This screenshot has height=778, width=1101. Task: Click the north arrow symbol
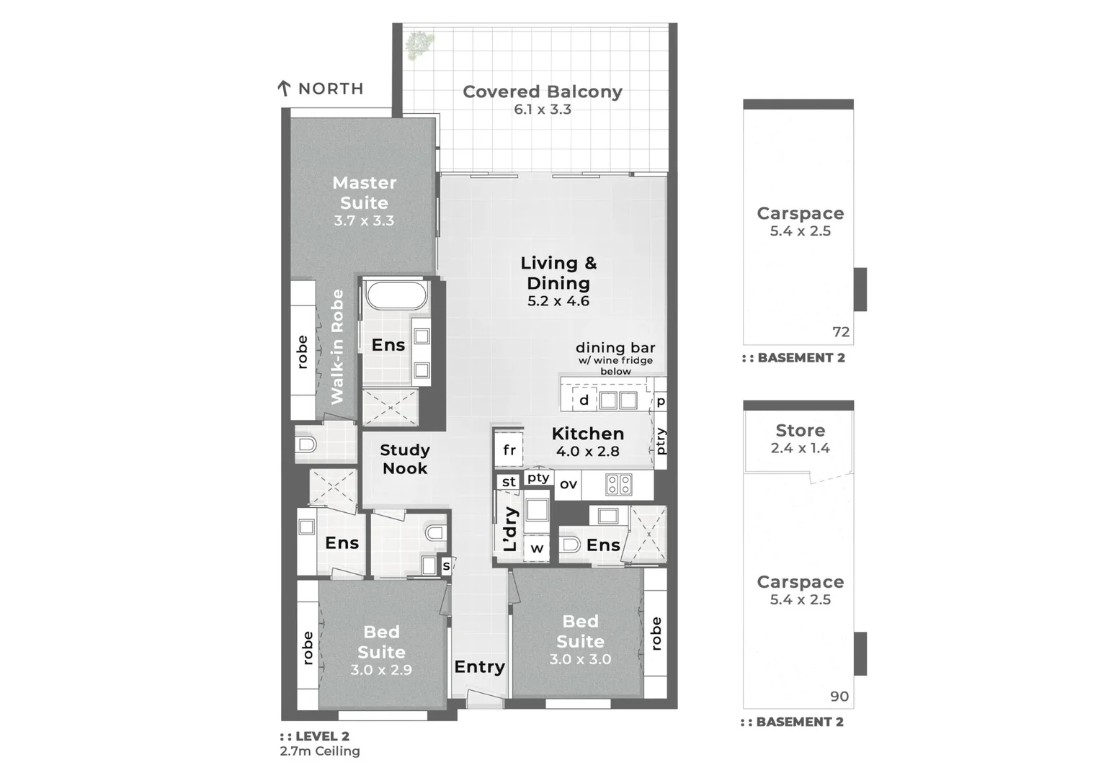(284, 89)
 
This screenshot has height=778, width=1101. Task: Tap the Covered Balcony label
(542, 91)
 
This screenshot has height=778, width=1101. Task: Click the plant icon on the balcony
(418, 45)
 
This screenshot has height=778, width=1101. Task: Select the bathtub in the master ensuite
(396, 295)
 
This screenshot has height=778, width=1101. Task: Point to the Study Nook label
(404, 459)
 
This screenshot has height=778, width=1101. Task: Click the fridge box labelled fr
(509, 450)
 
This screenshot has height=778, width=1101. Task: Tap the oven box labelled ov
(568, 484)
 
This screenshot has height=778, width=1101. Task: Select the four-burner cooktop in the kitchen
(619, 484)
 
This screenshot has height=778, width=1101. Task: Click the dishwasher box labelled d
(584, 400)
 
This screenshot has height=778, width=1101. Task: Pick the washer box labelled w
(537, 548)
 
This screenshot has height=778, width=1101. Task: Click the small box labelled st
(509, 482)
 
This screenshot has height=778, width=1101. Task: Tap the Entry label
(479, 667)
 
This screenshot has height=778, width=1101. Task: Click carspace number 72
(841, 332)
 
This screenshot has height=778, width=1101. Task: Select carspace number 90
(839, 697)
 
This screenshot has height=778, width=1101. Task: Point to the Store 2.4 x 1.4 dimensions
(800, 448)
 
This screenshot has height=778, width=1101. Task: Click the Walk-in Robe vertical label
(336, 346)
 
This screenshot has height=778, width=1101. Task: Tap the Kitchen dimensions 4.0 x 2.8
(587, 452)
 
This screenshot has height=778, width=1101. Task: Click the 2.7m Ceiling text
(320, 751)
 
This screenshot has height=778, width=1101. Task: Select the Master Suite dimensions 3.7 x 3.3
(364, 221)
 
